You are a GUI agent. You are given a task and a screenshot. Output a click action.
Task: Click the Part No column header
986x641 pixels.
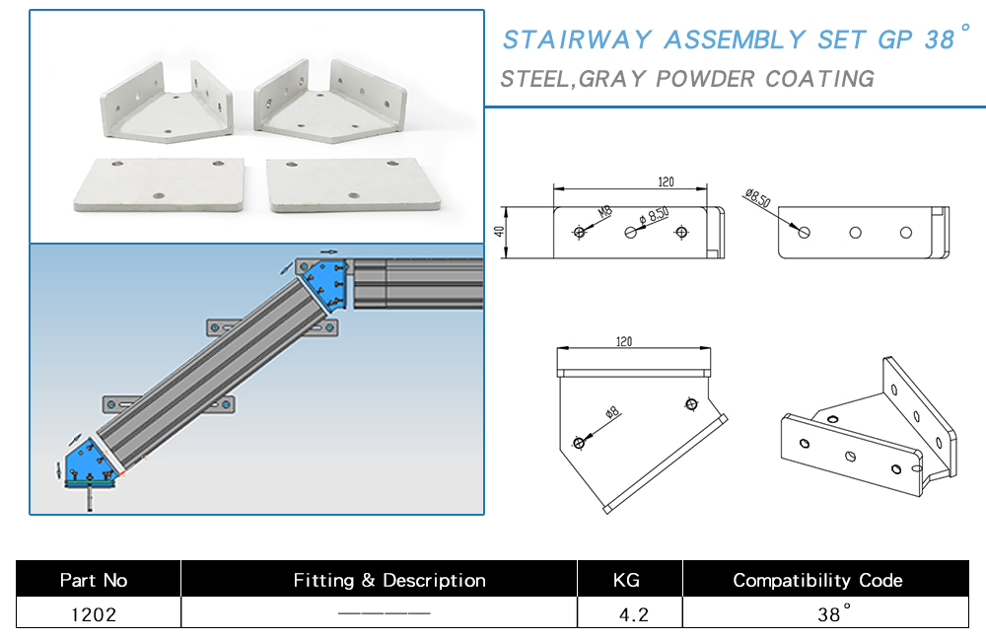[x=94, y=580]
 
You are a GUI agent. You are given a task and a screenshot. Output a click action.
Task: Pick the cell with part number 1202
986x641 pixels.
[x=94, y=614]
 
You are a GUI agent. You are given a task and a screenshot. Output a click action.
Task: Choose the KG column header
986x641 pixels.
[x=627, y=580]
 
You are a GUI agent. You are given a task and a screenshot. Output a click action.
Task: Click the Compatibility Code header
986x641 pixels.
[x=817, y=580]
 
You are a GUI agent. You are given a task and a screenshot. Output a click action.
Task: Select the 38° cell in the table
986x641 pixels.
[x=831, y=614]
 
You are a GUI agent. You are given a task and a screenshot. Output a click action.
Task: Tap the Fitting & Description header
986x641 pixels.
[x=388, y=580]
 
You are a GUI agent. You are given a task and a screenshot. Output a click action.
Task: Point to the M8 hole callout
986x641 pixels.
[x=602, y=213]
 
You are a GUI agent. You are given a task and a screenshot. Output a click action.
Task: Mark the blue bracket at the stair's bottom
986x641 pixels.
[x=91, y=462]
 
